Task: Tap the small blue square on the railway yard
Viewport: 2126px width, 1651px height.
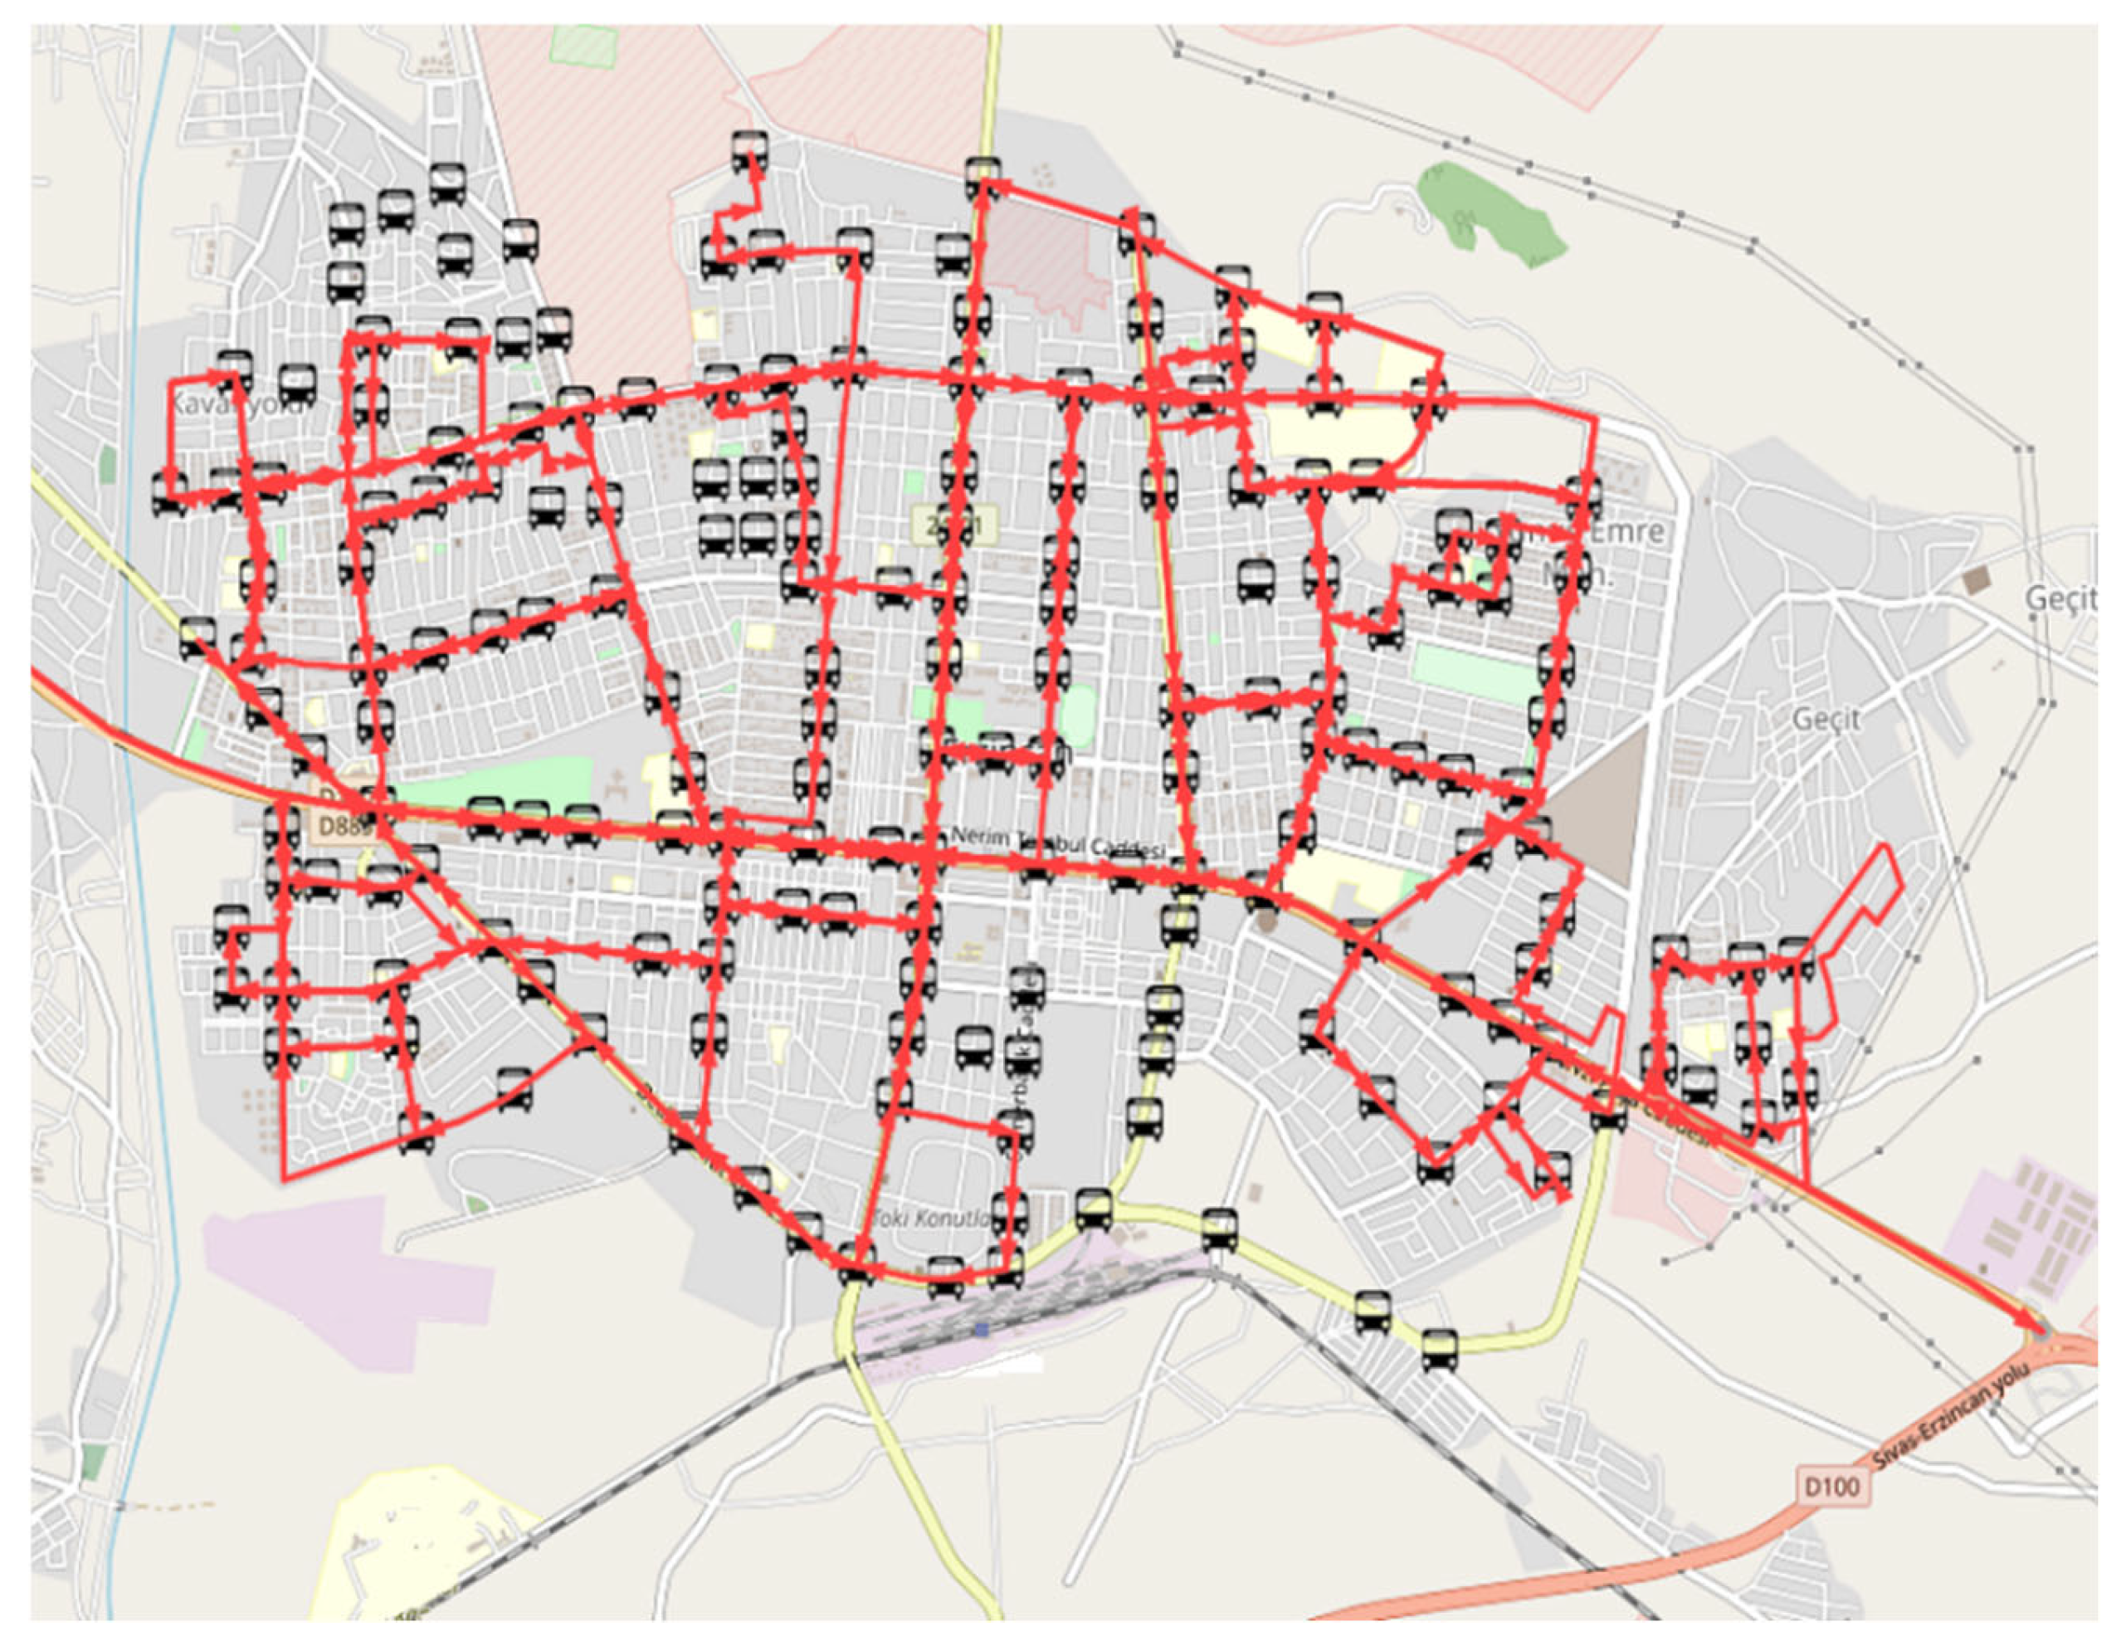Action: pyautogui.click(x=981, y=1329)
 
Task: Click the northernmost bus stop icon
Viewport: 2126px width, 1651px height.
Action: pyautogui.click(x=748, y=151)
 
